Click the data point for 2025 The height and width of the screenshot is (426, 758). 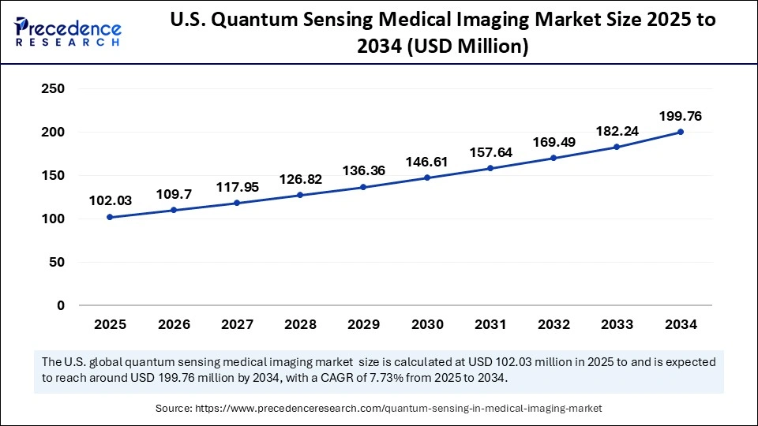click(110, 217)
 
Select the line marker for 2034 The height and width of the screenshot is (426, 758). click(681, 132)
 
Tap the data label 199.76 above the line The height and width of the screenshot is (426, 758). click(681, 117)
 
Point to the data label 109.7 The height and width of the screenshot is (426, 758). click(173, 194)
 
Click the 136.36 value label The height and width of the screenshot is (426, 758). click(363, 170)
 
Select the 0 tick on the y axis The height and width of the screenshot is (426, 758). click(60, 305)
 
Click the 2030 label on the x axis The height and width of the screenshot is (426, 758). click(426, 324)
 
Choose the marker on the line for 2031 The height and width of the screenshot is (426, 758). click(490, 168)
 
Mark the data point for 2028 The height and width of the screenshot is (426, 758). click(300, 195)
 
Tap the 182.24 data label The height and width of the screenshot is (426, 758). click(617, 131)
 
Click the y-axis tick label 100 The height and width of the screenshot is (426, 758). click(51, 219)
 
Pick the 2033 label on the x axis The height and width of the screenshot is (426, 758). click(617, 324)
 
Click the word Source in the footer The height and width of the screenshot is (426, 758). click(175, 408)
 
